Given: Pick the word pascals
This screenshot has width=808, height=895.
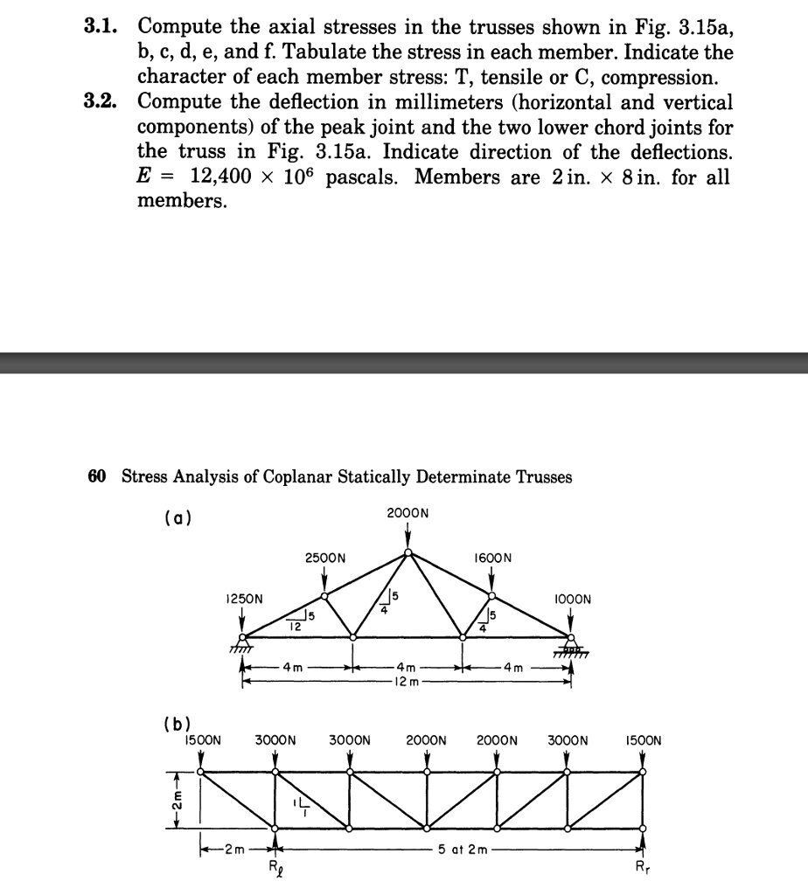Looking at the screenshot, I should click(x=372, y=177).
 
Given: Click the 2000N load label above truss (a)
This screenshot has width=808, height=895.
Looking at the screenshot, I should click(x=407, y=513).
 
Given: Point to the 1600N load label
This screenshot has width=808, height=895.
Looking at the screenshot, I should click(x=491, y=557).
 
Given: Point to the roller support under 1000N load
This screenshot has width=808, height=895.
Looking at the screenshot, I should click(x=571, y=647).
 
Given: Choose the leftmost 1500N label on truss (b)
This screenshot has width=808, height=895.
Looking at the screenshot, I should click(x=202, y=740).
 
